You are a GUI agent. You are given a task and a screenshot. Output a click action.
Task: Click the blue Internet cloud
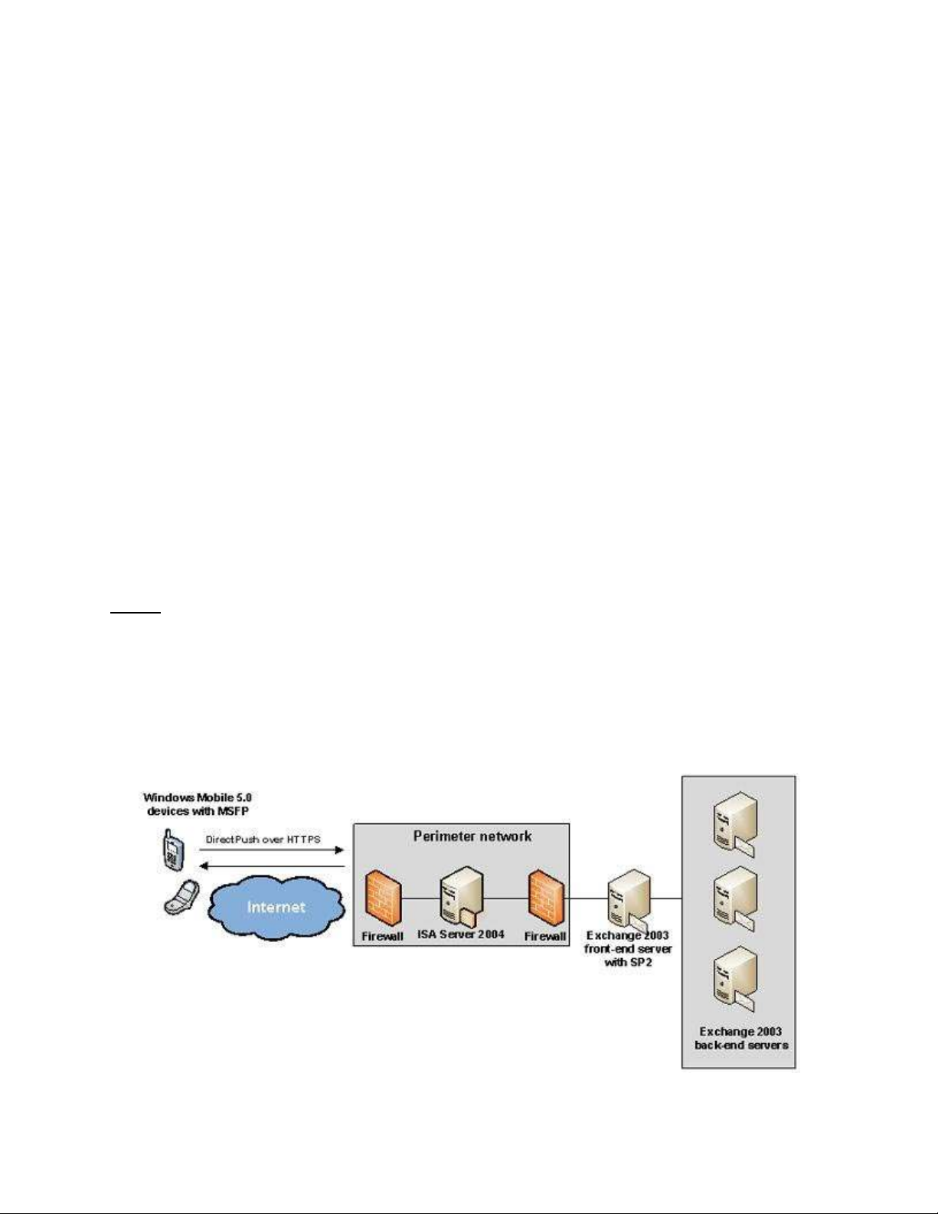(276, 908)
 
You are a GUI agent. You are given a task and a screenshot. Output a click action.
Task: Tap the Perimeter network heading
(472, 836)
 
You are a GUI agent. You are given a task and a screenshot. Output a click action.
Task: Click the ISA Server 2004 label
(461, 934)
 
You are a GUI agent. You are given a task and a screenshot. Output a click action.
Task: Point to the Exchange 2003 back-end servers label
(741, 1038)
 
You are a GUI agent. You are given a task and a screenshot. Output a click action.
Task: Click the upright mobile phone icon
(172, 850)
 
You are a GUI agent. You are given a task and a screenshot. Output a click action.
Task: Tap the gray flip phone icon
(181, 897)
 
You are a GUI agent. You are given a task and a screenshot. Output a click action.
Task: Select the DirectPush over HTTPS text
(263, 839)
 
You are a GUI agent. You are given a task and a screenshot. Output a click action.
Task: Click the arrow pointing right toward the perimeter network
(272, 850)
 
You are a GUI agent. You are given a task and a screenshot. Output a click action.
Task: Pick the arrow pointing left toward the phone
(272, 866)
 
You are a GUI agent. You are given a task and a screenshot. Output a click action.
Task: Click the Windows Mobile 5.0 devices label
(198, 804)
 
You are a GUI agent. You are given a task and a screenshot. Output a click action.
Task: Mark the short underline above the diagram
(135, 612)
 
